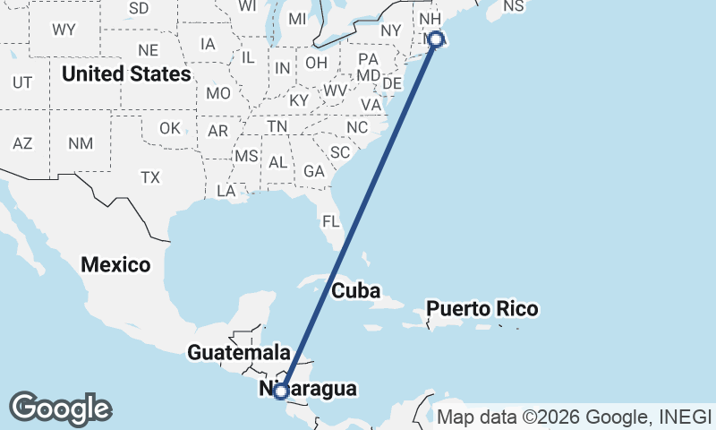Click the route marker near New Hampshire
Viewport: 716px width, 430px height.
(x=436, y=39)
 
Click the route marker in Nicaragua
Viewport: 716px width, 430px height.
(x=281, y=391)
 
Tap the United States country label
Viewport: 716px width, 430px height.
(x=126, y=73)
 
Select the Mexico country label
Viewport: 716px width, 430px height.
(x=115, y=264)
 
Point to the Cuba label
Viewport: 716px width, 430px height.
(x=356, y=291)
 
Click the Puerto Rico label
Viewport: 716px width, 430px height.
(x=482, y=309)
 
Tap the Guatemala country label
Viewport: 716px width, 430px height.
(x=239, y=352)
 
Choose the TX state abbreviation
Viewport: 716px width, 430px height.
(x=149, y=177)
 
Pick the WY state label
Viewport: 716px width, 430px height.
(x=64, y=30)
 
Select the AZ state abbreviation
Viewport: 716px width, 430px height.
(x=22, y=143)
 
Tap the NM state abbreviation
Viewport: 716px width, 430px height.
(x=81, y=143)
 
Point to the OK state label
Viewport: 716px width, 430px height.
(x=170, y=128)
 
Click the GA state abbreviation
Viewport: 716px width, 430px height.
(x=313, y=170)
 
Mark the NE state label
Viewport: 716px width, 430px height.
(x=149, y=50)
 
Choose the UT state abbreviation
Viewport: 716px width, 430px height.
(x=22, y=82)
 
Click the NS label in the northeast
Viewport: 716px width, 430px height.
(x=513, y=6)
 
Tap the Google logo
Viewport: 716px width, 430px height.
(x=60, y=408)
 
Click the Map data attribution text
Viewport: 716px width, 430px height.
(x=573, y=417)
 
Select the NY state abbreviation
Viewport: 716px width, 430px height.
(x=391, y=30)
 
